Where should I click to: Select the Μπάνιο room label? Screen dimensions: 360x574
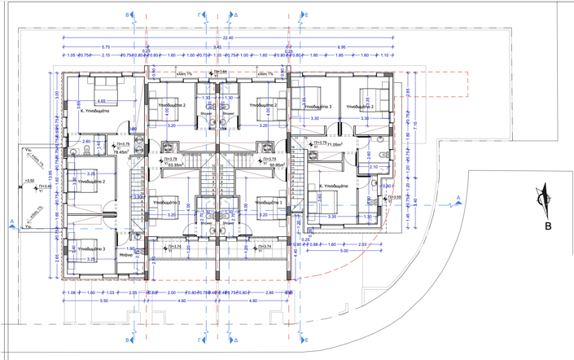pyautogui.click(x=126, y=255)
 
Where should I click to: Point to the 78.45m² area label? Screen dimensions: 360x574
pyautogui.click(x=123, y=151)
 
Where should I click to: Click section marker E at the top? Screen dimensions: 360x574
pyautogui.click(x=305, y=15)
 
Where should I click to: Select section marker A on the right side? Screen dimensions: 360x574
pyautogui.click(x=459, y=198)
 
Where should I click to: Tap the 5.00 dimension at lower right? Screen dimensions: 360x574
pyautogui.click(x=344, y=251)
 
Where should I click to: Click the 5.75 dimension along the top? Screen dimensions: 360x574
pyautogui.click(x=106, y=47)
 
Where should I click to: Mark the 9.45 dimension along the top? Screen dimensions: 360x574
pyautogui.click(x=217, y=47)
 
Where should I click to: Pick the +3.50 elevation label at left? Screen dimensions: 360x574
pyautogui.click(x=30, y=180)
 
